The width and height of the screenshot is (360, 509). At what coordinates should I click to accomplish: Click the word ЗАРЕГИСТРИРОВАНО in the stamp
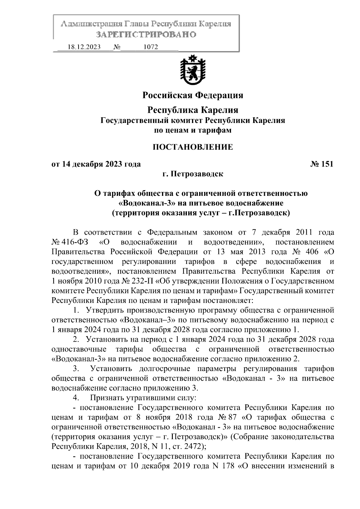pos(146,34)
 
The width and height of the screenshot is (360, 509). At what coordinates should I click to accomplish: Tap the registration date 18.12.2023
pos(84,47)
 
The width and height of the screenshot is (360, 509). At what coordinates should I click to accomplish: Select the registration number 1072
pos(151,47)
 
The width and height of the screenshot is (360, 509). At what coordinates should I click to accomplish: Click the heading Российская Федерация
pos(193,95)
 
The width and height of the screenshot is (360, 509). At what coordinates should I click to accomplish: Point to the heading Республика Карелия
pos(193,110)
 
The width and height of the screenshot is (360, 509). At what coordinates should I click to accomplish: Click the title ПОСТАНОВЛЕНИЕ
pos(193,147)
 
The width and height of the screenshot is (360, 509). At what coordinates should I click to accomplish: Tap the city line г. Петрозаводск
pos(193,174)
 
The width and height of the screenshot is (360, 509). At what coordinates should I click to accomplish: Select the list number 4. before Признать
pos(76,398)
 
